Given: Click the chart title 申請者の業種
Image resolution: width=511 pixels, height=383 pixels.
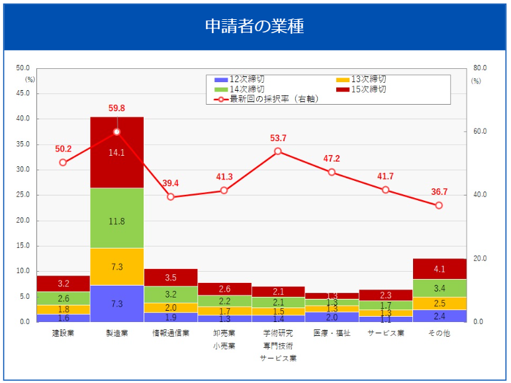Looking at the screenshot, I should point(254,27).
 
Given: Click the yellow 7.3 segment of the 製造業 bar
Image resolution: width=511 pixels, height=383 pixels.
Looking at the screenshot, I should point(117,266).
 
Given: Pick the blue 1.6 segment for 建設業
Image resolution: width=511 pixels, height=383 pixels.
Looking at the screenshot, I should point(64,318).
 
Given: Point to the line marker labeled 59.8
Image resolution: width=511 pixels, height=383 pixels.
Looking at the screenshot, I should point(117,132).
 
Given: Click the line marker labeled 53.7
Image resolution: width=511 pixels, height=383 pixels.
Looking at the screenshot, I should point(278,151).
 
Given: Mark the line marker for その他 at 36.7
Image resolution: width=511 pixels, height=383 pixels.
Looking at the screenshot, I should point(439,205).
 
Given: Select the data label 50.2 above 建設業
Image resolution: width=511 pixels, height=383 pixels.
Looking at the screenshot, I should point(64,149).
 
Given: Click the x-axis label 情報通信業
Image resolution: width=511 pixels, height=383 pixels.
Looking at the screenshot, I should point(171,333).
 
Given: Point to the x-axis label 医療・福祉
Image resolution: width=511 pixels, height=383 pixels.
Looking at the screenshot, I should point(332,333).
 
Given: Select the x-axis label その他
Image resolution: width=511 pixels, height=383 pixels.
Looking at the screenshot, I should point(439,333).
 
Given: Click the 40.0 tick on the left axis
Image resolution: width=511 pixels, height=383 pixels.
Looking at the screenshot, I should point(23,119).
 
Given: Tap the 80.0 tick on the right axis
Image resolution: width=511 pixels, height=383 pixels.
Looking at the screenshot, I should point(480,68).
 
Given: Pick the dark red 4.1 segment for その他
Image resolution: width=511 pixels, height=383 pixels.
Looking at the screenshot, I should point(439,269).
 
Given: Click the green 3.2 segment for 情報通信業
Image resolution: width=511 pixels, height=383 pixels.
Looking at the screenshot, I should point(171,294).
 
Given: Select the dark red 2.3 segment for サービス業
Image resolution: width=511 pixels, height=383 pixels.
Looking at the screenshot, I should point(385,295).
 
